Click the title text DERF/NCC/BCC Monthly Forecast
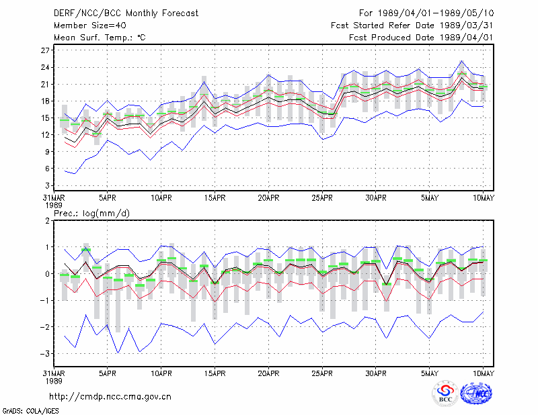[x=126, y=13]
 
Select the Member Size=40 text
[x=90, y=26]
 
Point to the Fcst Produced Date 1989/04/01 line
[x=421, y=38]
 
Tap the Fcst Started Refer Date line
[x=412, y=26]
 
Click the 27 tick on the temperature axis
[x=45, y=50]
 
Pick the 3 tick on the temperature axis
[x=47, y=185]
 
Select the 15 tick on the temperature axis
[x=45, y=118]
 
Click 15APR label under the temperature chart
[x=215, y=198]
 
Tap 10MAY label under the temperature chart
[x=484, y=198]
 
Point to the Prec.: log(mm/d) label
[x=92, y=214]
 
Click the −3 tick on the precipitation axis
[x=44, y=353]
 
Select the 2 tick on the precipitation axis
[x=47, y=220]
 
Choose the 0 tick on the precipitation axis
[x=47, y=273]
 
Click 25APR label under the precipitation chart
[x=322, y=373]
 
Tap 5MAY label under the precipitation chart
[x=430, y=373]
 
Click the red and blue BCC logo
[x=445, y=394]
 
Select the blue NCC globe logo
[x=476, y=394]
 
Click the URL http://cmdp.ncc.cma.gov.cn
[x=110, y=397]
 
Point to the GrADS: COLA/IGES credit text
[x=30, y=411]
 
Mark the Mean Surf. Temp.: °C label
[x=100, y=38]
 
